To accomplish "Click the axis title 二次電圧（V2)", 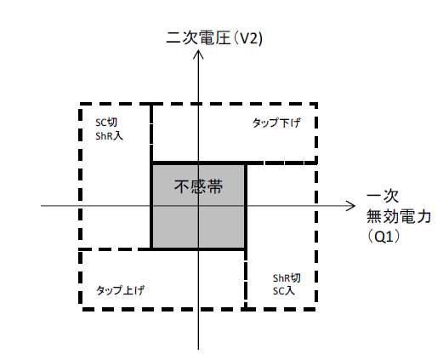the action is pyautogui.click(x=214, y=38).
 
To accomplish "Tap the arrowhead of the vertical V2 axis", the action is pyautogui.click(x=198, y=51).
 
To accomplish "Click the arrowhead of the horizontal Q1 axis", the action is pyautogui.click(x=355, y=206).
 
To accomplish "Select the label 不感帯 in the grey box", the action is pyautogui.click(x=198, y=186).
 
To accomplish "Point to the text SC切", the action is pyautogui.click(x=106, y=123).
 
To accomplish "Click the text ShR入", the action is pyautogui.click(x=109, y=136).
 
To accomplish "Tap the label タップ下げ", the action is pyautogui.click(x=276, y=123).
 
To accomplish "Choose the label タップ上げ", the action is pyautogui.click(x=120, y=290).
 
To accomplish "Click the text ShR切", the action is pyautogui.click(x=287, y=278).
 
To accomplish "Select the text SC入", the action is pyautogui.click(x=284, y=291).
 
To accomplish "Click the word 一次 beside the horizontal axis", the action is pyautogui.click(x=383, y=197).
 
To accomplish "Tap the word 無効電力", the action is pyautogui.click(x=399, y=217).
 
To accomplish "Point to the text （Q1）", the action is pyautogui.click(x=383, y=237).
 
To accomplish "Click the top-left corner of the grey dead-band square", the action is pyautogui.click(x=152, y=163).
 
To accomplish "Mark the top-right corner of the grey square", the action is pyautogui.click(x=246, y=163).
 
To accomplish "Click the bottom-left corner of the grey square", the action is pyautogui.click(x=152, y=249).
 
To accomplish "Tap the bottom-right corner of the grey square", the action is pyautogui.click(x=246, y=249).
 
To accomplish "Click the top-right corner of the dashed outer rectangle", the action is pyautogui.click(x=315, y=104).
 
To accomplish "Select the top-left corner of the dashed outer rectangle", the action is pyautogui.click(x=81, y=104).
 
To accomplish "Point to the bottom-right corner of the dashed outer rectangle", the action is pyautogui.click(x=315, y=309).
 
